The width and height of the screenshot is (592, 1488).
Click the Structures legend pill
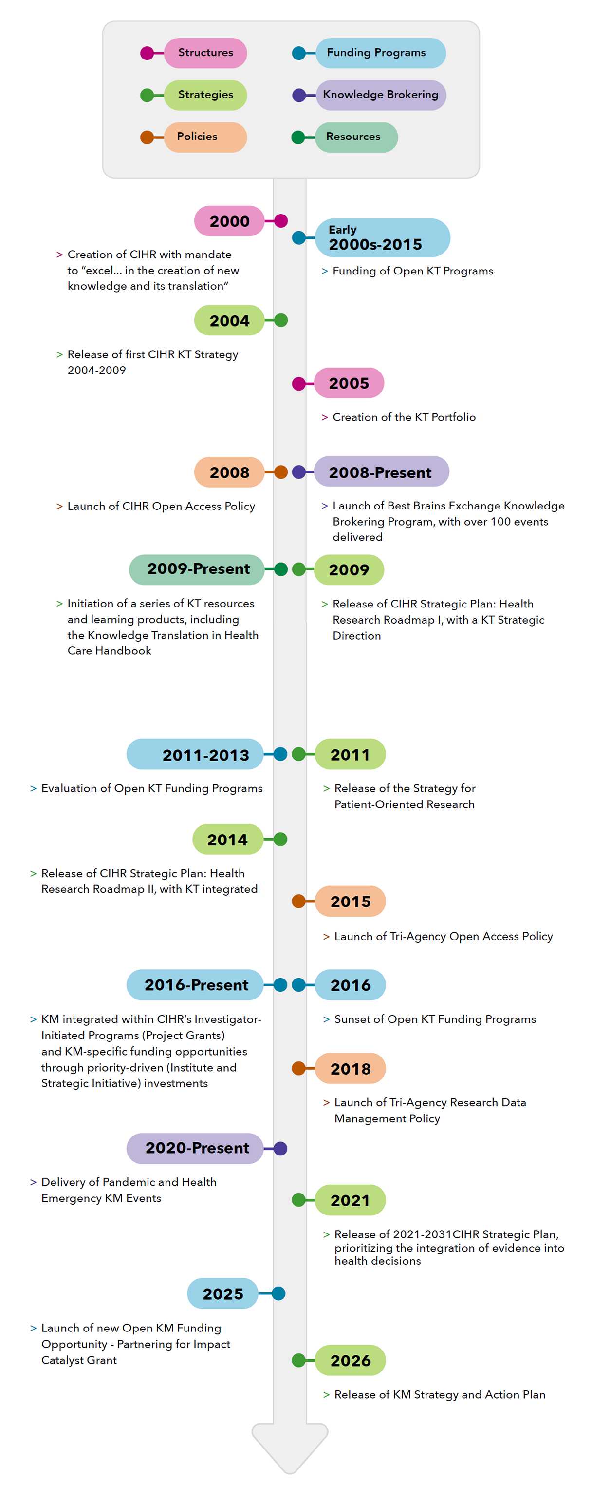point(205,53)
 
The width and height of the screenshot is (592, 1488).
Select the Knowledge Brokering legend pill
point(381,95)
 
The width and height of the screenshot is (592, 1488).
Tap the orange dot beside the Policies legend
point(147,137)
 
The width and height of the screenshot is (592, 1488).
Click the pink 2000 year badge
point(229,221)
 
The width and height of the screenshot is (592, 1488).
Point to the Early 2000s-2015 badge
point(382,238)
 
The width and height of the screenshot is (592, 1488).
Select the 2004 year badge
point(229,321)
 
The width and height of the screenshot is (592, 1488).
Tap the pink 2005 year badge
point(349,383)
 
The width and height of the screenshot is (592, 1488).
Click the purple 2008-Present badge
point(381,472)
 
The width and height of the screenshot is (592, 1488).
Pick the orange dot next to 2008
point(281,472)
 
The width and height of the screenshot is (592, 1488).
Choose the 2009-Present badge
point(197,569)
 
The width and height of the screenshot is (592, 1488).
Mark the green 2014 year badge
point(227,839)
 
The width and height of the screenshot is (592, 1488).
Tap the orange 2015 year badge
point(350,901)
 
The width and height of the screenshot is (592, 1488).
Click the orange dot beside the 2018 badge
point(299,1069)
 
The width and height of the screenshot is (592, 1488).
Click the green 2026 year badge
point(350,1360)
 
